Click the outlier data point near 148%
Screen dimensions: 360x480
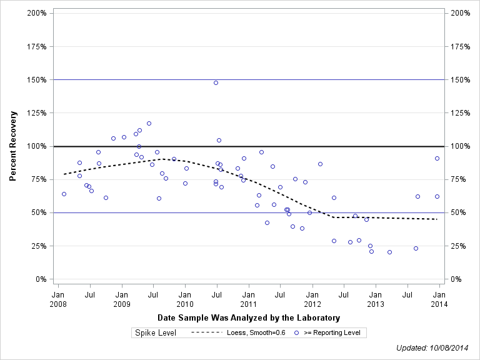pyautogui.click(x=216, y=82)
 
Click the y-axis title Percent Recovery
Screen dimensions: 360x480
pyautogui.click(x=13, y=146)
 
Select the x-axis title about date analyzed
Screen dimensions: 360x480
pyautogui.click(x=249, y=317)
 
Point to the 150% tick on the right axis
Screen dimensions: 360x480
pyautogui.click(x=460, y=80)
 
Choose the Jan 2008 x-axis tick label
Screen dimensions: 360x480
pyautogui.click(x=57, y=299)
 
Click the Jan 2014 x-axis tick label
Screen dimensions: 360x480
pyautogui.click(x=439, y=299)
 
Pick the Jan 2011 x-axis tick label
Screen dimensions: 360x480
pyautogui.click(x=248, y=299)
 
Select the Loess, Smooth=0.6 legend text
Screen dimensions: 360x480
pyautogui.click(x=255, y=333)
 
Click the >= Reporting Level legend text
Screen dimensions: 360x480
pyautogui.click(x=332, y=333)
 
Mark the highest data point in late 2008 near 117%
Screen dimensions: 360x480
pyautogui.click(x=149, y=123)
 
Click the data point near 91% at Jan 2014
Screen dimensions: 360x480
pyautogui.click(x=437, y=158)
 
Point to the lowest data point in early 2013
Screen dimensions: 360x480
pyautogui.click(x=389, y=252)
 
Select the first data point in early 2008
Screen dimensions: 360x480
pyautogui.click(x=64, y=194)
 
